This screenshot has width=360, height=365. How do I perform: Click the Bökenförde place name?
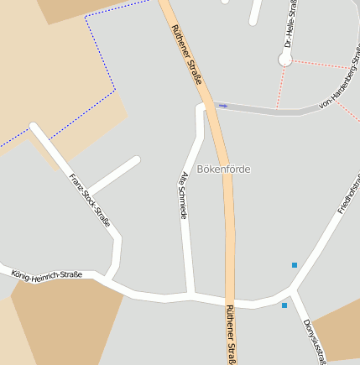223,169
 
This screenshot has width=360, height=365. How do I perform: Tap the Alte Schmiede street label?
184,196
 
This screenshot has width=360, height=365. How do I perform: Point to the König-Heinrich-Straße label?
47,274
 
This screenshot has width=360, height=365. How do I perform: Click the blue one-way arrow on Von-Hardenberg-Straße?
222,106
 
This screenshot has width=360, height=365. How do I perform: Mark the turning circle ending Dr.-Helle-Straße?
285,60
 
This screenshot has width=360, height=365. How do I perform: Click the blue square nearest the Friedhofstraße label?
295,265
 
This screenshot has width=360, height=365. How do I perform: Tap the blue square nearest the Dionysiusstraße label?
284,305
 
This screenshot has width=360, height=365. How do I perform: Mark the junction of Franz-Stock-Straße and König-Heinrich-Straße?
110,277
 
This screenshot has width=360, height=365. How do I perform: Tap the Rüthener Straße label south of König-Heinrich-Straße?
232,334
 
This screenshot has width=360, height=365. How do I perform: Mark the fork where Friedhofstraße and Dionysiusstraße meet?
291,289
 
